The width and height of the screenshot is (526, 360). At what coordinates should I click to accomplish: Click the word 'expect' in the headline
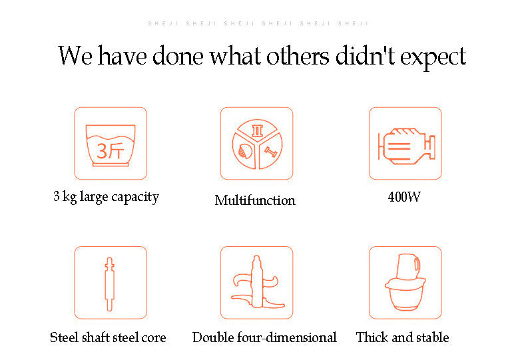(x=433, y=57)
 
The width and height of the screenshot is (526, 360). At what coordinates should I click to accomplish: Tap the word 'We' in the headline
(x=75, y=56)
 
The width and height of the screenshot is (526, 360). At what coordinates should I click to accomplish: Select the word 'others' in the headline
(x=298, y=55)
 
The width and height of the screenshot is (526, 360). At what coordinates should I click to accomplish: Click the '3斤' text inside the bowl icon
(x=111, y=150)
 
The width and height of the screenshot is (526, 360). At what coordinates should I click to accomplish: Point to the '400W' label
(x=404, y=197)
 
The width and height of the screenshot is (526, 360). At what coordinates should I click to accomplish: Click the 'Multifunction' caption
(x=255, y=200)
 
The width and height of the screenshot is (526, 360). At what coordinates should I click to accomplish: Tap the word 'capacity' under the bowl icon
(x=135, y=198)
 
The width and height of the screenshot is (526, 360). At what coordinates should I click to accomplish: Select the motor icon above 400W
(x=406, y=146)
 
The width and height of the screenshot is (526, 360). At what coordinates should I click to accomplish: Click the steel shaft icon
(x=110, y=284)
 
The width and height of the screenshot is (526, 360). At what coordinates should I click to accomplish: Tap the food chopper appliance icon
(x=405, y=282)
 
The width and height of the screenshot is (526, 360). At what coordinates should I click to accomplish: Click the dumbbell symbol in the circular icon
(x=270, y=152)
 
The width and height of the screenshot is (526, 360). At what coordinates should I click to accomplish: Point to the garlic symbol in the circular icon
(x=245, y=152)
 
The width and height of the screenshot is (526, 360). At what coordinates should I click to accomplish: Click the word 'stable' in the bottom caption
(x=432, y=337)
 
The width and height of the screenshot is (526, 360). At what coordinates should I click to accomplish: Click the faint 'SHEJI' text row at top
(x=258, y=23)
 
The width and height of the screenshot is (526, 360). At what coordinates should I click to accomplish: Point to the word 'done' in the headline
(x=178, y=55)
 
